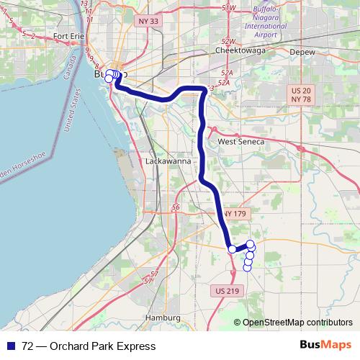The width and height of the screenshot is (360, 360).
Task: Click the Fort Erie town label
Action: coord(69,36)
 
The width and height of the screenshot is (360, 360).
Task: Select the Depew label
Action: coord(302,52)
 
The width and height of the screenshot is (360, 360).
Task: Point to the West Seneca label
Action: coord(241,143)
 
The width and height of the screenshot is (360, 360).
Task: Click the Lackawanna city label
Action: coord(168,161)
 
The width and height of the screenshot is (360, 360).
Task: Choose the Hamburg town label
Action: coord(162,317)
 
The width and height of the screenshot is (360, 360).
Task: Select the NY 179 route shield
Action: coord(235,214)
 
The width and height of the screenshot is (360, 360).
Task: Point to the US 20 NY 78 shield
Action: coord(301,94)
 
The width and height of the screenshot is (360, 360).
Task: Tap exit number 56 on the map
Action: coord(176,207)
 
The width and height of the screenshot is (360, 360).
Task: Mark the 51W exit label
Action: coord(229,7)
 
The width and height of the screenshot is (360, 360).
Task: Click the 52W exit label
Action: coord(229,42)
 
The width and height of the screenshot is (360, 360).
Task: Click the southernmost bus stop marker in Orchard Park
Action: coord(247,269)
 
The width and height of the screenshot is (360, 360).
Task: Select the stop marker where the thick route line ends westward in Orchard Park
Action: coord(232,249)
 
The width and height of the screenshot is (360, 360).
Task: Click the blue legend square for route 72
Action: coord(12,346)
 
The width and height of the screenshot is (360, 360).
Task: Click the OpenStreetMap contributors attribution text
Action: coord(297,323)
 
